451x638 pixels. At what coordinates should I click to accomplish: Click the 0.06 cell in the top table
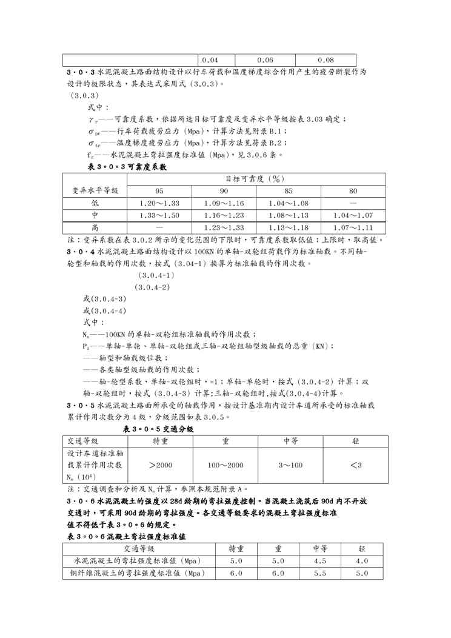coord(265,60)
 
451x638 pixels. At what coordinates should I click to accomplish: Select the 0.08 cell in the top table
coord(326,60)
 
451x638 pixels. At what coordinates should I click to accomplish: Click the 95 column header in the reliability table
coord(159,190)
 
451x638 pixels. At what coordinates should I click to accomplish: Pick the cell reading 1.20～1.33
coord(159,203)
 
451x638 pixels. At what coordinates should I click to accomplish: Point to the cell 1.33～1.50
coord(159,215)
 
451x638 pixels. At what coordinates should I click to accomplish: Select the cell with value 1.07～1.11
coord(353,227)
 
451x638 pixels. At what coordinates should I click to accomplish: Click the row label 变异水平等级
coord(95,190)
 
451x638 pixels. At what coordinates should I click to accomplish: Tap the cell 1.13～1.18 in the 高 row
coord(289,227)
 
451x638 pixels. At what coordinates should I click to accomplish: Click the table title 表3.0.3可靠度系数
coord(124,166)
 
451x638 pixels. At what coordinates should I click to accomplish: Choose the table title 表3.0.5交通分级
coord(158,429)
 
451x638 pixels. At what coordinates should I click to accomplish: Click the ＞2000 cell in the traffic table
coord(160,465)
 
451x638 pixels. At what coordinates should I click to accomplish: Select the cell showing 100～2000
coord(225,465)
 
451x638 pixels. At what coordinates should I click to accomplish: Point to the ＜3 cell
coord(356,465)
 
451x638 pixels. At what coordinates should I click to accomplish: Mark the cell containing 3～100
coord(290,465)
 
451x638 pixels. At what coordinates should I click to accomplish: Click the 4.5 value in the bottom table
coord(320,561)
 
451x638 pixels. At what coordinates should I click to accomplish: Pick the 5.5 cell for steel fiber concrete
coord(320,573)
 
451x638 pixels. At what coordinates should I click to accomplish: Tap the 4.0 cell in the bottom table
coord(362,561)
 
